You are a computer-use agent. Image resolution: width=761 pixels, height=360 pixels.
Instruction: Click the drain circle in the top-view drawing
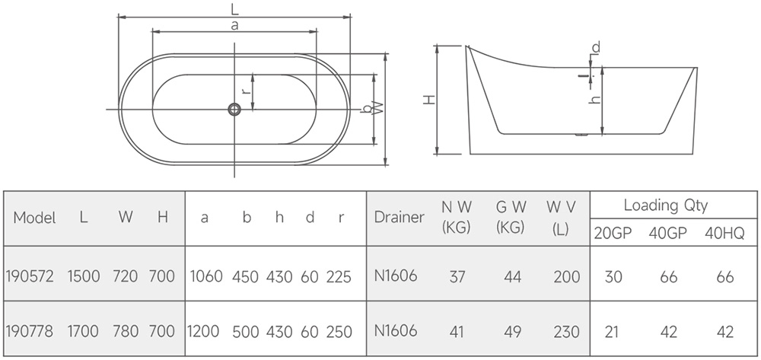coord(234,109)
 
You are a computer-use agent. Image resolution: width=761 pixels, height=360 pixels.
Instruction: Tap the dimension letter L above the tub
coord(235,8)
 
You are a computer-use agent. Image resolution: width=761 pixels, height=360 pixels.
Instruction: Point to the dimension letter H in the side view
coord(429,100)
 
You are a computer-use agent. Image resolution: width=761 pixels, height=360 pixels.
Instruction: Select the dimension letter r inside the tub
coord(247,91)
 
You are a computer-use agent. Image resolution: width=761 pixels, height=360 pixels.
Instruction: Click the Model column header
coord(34,218)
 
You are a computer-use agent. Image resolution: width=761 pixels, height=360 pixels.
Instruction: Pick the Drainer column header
coord(399,217)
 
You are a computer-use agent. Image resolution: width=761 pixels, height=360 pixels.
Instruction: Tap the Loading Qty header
coord(666,205)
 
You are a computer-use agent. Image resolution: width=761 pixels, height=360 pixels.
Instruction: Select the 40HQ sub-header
coord(724,234)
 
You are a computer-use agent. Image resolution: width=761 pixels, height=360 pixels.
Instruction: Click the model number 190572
coord(29,276)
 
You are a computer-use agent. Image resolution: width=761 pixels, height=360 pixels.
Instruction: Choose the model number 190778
coord(29,331)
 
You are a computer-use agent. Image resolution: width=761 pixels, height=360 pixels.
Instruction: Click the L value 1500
coord(84,276)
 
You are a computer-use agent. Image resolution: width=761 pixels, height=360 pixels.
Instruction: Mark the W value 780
coord(126,331)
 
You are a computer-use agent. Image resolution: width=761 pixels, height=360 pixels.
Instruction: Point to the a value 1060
coord(206,276)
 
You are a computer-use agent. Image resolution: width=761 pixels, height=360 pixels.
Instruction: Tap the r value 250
coord(339,331)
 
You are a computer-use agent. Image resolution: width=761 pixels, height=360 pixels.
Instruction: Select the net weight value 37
coord(457,276)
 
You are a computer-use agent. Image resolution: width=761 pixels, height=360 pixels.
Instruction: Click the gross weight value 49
coord(512,331)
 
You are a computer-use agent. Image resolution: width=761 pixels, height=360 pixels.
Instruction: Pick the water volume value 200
coord(566,276)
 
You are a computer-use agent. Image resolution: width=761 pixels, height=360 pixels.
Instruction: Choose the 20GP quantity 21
coord(612,331)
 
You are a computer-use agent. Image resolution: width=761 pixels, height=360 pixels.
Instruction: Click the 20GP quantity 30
coord(613,276)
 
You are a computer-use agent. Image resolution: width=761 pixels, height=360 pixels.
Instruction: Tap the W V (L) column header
coord(561,218)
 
